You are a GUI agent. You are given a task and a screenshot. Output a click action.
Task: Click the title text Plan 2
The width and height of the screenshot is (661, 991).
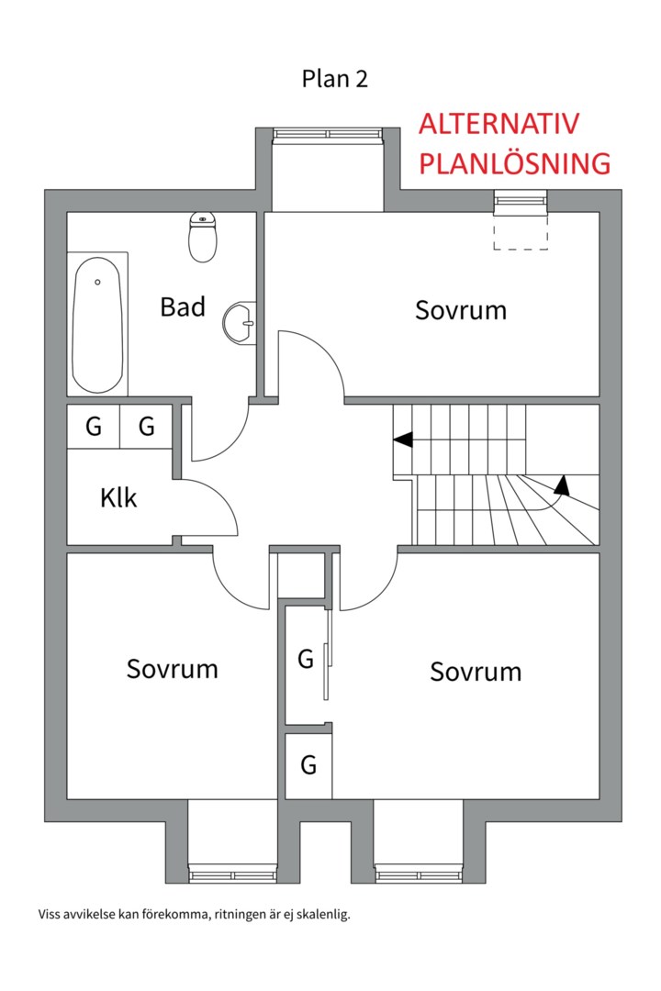[x=334, y=79]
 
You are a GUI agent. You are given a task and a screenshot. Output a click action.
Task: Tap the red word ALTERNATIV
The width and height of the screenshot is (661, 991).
[x=499, y=125]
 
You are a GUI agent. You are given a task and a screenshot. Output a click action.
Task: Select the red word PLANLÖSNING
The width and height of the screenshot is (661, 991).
[x=514, y=163]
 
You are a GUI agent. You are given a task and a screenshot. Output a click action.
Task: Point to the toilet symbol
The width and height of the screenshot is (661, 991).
[x=202, y=237]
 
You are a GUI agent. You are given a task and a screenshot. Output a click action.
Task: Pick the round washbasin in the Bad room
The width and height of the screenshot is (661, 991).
[x=241, y=322]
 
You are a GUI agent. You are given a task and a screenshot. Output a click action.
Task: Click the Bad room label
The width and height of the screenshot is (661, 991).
[x=183, y=306]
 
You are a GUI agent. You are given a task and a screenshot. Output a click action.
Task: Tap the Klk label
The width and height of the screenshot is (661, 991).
[x=118, y=498]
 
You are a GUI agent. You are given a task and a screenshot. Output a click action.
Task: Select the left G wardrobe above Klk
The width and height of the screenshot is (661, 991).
[x=94, y=427]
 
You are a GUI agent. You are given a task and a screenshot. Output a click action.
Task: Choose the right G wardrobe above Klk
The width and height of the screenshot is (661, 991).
[x=146, y=427]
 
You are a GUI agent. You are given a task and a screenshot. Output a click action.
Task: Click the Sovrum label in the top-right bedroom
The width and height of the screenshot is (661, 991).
[x=461, y=309]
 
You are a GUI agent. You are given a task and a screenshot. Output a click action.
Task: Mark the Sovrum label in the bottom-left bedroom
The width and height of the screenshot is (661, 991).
[x=173, y=669]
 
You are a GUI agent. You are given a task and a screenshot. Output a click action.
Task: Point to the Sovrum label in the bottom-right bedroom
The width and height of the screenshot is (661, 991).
[x=476, y=672]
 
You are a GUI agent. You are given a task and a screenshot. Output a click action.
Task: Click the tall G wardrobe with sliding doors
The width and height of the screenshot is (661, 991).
[x=306, y=659]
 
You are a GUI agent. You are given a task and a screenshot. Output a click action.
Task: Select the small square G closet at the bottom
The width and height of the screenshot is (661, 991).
[x=308, y=764]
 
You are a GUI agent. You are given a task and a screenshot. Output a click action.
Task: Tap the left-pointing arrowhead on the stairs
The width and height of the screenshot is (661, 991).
[x=401, y=440]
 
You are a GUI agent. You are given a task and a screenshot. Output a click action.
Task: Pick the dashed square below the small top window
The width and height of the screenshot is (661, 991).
[x=521, y=233]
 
